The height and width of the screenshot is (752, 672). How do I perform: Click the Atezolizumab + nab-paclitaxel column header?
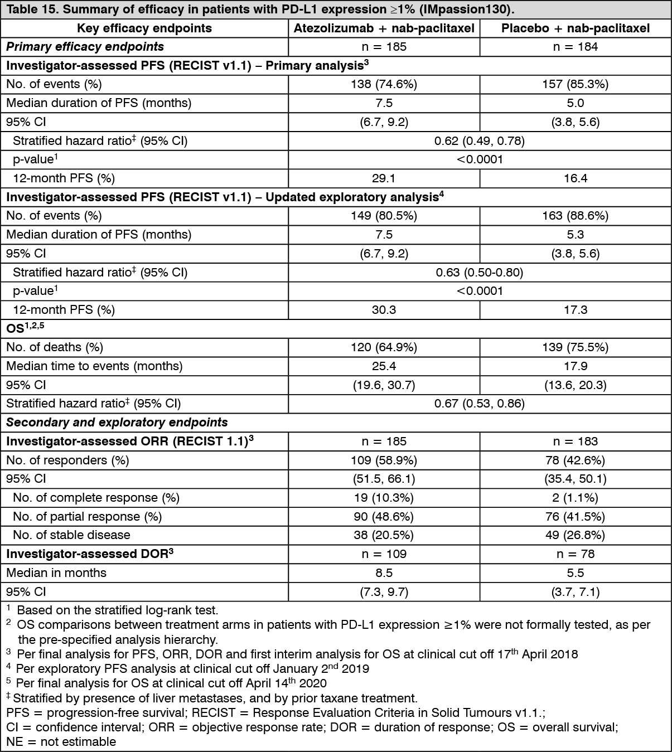384,28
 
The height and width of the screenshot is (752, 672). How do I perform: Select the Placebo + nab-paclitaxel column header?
575,28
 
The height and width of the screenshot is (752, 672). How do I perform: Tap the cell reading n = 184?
575,47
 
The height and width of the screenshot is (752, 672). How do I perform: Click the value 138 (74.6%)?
384,84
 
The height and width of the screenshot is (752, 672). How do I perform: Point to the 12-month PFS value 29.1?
384,178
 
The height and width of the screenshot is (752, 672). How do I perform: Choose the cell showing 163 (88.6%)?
575,216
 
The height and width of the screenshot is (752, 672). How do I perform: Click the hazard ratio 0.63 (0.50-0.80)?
480,273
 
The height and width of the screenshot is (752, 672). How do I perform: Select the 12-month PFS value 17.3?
575,310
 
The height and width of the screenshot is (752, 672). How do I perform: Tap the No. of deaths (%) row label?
55,347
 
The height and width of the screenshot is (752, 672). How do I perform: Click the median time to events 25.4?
384,366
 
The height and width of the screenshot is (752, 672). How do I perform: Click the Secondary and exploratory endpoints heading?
117,423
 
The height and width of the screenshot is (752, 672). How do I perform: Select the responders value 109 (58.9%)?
384,460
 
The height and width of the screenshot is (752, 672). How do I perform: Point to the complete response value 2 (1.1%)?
575,498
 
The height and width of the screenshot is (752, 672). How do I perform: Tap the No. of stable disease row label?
71,535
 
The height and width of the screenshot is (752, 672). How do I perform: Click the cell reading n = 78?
575,554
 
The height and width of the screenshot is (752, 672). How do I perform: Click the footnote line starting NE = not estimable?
61,742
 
